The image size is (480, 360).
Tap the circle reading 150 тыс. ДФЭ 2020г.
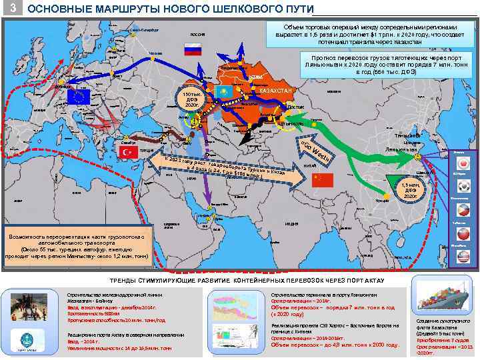pos(189,101)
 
